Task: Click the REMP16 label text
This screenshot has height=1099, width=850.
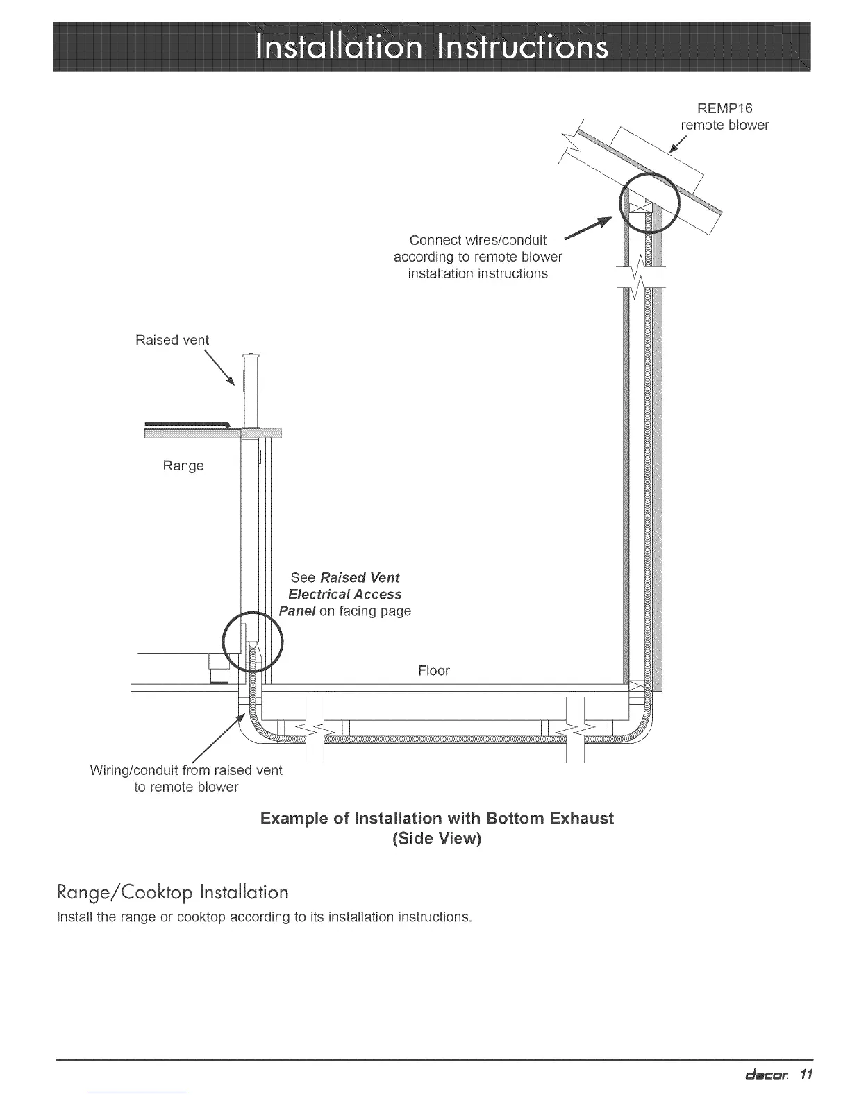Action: pos(724,108)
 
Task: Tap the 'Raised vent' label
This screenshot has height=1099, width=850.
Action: pos(172,340)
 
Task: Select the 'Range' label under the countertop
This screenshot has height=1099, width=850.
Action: pos(183,466)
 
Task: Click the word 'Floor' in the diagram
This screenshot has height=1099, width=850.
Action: pos(434,670)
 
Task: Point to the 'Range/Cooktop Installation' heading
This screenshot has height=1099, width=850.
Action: pos(172,892)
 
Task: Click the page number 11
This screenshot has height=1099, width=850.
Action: pos(805,1075)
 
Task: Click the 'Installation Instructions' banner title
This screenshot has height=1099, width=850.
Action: pos(432,47)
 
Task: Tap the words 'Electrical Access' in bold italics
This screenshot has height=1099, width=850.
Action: pos(344,595)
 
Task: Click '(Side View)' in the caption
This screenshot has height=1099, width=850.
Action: pos(437,838)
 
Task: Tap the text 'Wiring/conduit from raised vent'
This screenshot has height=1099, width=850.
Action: pos(186,771)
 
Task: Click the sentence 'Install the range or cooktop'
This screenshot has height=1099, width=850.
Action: pos(264,917)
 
